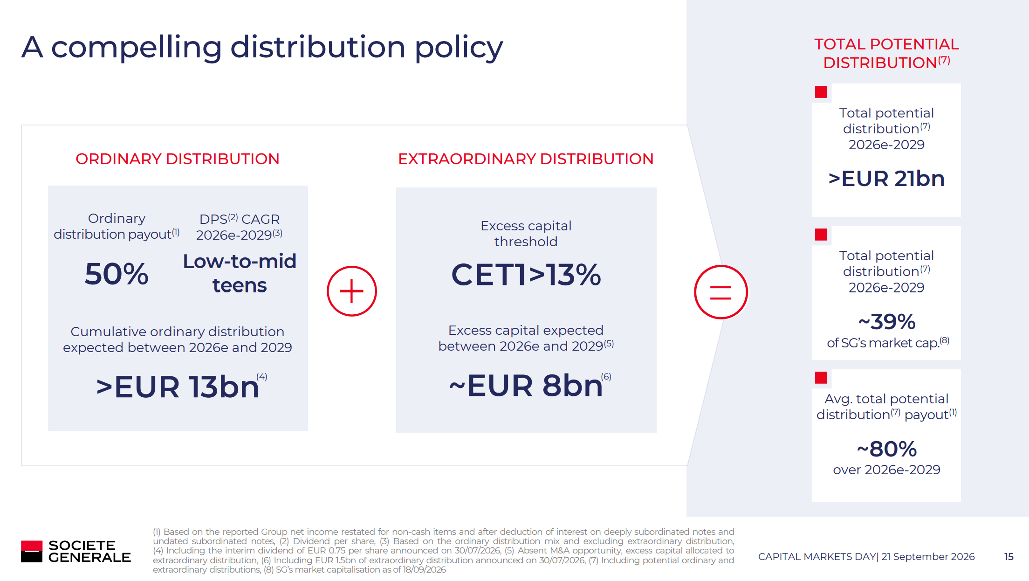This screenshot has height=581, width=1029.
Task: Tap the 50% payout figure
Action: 117,274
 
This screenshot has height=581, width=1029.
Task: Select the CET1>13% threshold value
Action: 526,275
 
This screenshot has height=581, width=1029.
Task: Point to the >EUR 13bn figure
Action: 178,387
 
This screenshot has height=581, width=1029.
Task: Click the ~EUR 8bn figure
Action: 526,386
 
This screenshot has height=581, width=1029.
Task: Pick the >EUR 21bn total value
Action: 886,179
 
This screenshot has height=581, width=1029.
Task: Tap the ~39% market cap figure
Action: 887,322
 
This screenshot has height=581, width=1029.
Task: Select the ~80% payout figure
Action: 887,449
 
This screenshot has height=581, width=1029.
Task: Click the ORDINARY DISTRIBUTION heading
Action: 178,159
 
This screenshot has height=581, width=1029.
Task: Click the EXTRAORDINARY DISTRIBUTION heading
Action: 526,159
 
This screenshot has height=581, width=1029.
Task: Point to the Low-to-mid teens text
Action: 240,274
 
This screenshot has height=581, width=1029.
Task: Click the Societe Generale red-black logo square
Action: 32,551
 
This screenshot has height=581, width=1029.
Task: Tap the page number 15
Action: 1009,557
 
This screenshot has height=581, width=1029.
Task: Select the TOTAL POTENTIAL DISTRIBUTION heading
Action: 886,53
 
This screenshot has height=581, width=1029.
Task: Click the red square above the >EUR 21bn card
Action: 821,92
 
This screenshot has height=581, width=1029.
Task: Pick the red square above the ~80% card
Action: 821,377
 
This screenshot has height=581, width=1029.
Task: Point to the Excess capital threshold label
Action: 526,234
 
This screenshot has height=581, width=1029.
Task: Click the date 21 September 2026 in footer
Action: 928,557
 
